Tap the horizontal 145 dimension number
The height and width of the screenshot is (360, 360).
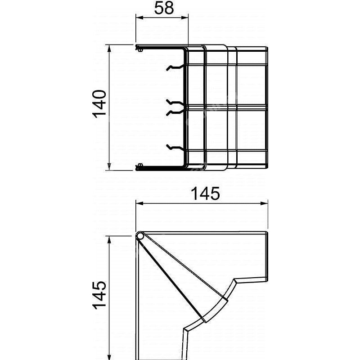tap(205, 194)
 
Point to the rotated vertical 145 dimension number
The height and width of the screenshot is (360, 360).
tap(99, 297)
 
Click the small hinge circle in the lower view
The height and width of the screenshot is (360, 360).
tap(140, 236)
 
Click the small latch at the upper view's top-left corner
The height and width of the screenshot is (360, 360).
tap(138, 47)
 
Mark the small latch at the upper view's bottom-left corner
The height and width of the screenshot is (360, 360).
tap(138, 168)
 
